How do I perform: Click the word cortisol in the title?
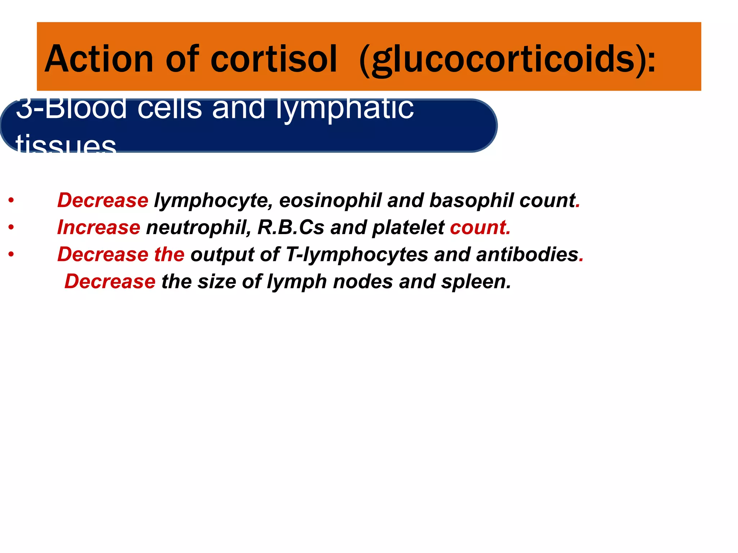point(274,59)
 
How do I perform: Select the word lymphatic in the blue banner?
point(345,109)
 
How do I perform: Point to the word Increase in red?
point(99,228)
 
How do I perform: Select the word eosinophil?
point(330,201)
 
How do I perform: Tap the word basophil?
point(471,201)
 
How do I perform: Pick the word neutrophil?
point(199,228)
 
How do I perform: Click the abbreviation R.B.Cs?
point(290,228)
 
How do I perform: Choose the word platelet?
point(408,228)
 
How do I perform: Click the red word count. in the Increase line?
point(480,228)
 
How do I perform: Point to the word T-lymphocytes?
point(357,255)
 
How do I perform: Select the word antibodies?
point(527,255)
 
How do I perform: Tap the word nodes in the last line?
point(363,282)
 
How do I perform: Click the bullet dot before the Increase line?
point(12,228)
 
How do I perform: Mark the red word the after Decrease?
point(169,255)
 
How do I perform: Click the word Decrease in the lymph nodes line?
point(110,282)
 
